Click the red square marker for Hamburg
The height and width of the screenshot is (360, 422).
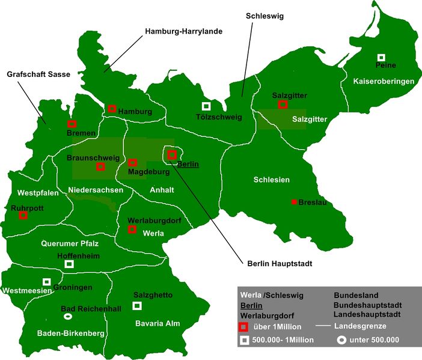point(112,109)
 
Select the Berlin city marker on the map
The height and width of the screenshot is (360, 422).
point(172,154)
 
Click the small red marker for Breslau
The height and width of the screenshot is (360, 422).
point(294,202)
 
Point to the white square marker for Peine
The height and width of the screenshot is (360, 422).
point(381,57)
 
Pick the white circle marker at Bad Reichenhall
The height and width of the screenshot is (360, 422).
point(69,316)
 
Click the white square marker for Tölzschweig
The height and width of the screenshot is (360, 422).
point(206,106)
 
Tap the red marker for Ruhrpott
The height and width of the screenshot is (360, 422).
point(23,215)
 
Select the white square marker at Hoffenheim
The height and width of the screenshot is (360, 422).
point(69,264)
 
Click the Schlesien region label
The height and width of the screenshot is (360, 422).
point(271,180)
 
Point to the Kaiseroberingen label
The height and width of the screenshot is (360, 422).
point(384,81)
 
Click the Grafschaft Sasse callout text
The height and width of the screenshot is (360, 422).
point(38,75)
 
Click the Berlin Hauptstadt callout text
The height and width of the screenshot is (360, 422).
point(280,263)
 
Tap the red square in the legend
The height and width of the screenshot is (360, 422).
point(244,327)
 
